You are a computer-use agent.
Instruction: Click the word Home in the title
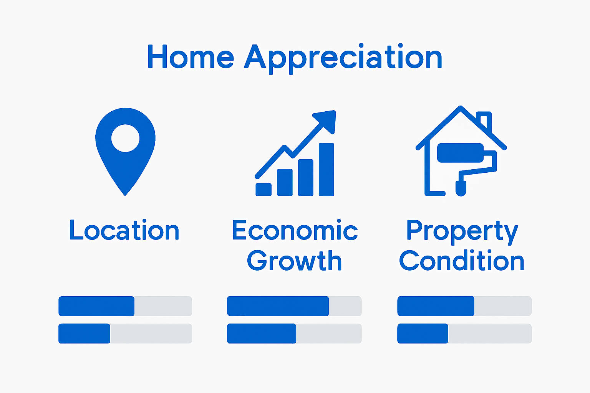click(191, 56)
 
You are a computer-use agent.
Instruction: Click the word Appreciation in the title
click(343, 58)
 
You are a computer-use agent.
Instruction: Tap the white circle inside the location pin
click(125, 138)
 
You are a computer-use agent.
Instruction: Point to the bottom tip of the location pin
click(125, 196)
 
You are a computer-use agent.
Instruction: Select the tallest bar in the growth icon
click(326, 170)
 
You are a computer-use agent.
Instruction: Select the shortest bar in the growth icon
click(264, 190)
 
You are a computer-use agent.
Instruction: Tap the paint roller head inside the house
click(460, 153)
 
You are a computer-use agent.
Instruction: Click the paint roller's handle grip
click(461, 188)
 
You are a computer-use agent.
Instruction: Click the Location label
click(124, 230)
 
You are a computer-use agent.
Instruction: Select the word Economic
click(295, 230)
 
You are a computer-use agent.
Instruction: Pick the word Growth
click(294, 261)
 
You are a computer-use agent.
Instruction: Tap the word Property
click(462, 232)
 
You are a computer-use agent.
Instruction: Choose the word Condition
click(461, 261)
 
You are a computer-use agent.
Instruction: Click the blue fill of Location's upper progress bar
click(96, 306)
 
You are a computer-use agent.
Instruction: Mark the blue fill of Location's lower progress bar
click(84, 334)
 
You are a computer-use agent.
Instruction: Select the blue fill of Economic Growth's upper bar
click(278, 306)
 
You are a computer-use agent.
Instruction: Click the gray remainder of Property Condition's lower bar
click(490, 334)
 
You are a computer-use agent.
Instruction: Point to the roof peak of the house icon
click(461, 107)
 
